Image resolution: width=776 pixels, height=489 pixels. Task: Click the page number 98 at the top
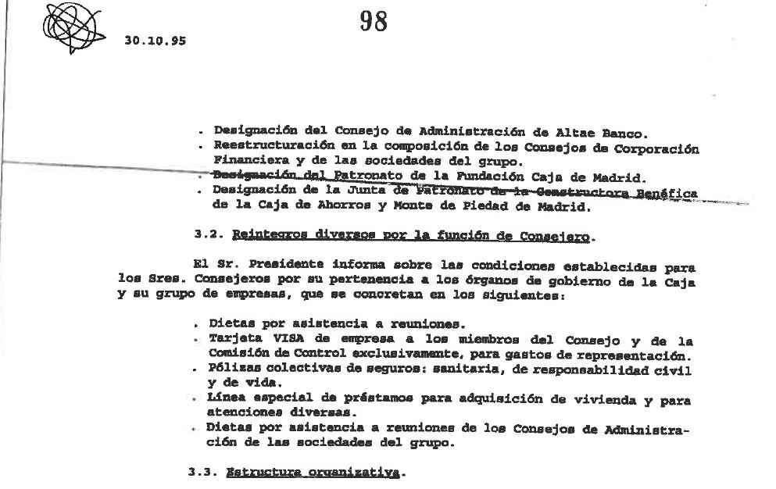tap(374, 22)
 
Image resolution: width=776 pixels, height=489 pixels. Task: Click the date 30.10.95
tap(155, 41)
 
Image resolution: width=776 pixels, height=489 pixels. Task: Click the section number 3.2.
tap(206, 234)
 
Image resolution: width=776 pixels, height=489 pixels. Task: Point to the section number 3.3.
tap(201, 473)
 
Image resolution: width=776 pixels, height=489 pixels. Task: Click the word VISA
tap(272, 340)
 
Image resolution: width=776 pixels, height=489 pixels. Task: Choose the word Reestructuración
tap(264, 145)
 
